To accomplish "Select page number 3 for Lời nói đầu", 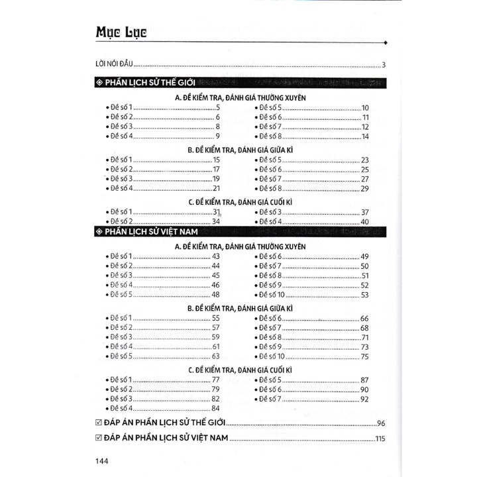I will point(384,65).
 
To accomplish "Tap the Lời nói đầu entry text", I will point(115,64).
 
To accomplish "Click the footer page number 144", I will point(103,461).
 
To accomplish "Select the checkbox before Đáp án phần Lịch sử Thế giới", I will point(99,423).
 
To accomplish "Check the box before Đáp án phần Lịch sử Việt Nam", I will point(99,438).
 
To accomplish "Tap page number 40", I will point(364,221).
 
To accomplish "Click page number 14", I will point(365,136).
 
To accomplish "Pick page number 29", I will point(364,189).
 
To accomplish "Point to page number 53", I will point(364,295).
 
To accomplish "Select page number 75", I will point(364,356).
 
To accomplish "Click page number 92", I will point(364,399).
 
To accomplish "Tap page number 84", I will point(215,409).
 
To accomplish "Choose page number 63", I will point(215,356).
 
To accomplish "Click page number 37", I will point(364,211).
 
